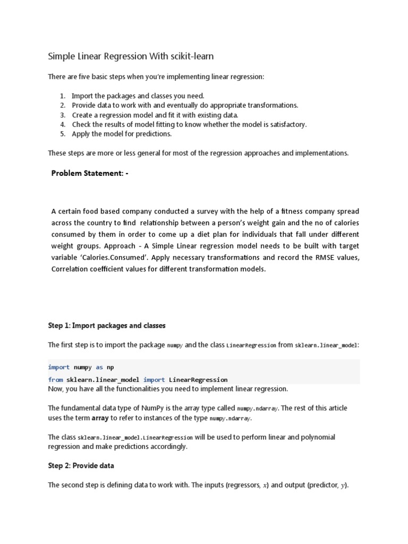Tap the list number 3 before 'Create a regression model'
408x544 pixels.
62,115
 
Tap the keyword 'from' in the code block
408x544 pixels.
55,380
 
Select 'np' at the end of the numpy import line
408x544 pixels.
110,367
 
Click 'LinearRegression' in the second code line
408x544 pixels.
198,380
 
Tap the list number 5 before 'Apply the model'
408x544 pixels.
62,134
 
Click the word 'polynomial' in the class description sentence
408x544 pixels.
317,437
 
